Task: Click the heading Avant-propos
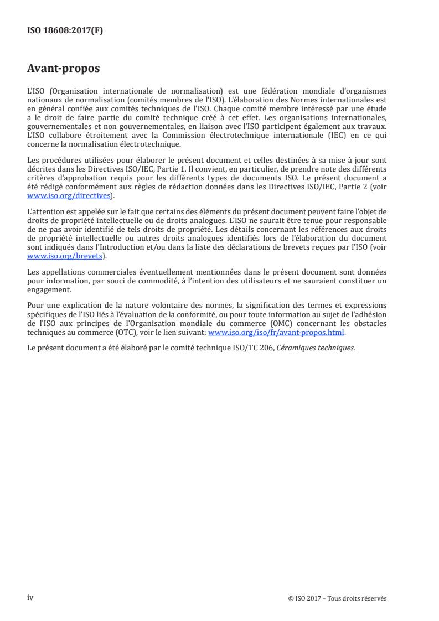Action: (64, 69)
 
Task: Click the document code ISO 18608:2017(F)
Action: (65, 31)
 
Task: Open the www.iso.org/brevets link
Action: (65, 256)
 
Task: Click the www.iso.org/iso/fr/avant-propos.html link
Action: (276, 333)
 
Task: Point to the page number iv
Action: (30, 597)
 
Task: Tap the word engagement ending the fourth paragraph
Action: (49, 289)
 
